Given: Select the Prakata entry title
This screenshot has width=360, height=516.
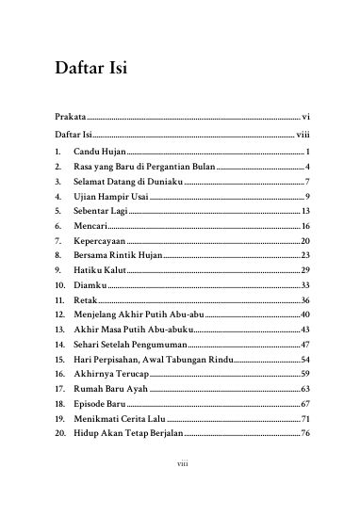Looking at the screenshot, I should pos(72,116).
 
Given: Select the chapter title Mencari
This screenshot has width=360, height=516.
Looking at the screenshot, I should pos(91,226).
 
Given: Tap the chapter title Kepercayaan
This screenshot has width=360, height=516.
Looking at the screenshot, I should pos(101,241).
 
